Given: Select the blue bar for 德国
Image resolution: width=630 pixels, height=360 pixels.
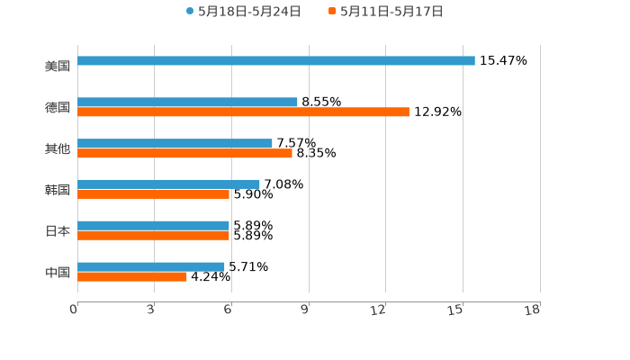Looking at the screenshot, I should click(x=187, y=103).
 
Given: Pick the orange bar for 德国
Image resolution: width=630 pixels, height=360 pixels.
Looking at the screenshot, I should click(x=243, y=112).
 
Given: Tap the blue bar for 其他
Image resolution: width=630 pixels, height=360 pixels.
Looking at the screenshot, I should click(x=175, y=144).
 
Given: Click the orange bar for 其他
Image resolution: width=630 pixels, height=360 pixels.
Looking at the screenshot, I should click(x=184, y=154).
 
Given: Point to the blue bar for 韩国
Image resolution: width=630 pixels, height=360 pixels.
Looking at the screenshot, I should click(x=168, y=184).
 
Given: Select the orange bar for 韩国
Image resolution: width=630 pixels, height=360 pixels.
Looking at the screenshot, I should click(x=153, y=194).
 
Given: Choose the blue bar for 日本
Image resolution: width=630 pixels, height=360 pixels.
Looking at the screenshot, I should click(x=153, y=226).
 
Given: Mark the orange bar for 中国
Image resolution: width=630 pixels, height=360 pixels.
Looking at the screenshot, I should click(x=132, y=277).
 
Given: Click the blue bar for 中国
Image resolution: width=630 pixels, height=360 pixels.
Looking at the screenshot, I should click(x=151, y=267).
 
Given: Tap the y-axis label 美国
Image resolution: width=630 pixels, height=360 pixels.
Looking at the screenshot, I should click(x=58, y=67).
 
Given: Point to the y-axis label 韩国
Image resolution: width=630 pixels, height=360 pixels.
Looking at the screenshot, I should click(x=58, y=190).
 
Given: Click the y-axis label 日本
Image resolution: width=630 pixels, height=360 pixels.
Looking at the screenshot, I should click(x=58, y=231).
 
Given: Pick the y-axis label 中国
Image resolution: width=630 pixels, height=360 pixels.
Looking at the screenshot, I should click(x=58, y=273).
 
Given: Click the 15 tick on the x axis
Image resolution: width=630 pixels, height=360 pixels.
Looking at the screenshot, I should click(x=455, y=310).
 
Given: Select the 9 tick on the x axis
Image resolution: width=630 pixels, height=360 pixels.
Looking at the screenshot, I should click(x=305, y=310).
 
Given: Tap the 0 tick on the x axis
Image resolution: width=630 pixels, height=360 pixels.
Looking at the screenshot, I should click(x=74, y=310).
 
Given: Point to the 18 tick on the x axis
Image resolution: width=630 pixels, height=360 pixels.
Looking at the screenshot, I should click(x=533, y=310).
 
